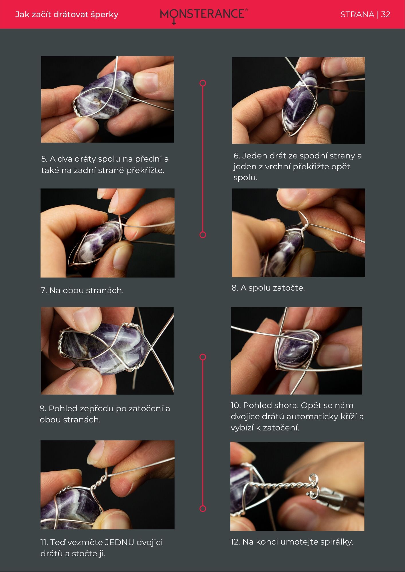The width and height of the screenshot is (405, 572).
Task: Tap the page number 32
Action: tap(386, 15)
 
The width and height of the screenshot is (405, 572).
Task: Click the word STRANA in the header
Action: tap(357, 15)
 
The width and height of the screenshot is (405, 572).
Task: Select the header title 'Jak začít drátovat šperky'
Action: tap(67, 15)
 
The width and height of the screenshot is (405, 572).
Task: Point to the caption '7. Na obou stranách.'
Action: tap(82, 290)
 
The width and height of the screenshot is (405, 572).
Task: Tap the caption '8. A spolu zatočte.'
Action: tap(268, 288)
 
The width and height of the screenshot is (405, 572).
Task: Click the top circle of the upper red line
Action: tap(203, 83)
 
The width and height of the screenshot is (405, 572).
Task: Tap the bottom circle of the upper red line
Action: tap(203, 235)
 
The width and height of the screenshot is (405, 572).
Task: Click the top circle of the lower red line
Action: tap(203, 357)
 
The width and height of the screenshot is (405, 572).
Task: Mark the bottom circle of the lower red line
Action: tap(203, 509)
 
